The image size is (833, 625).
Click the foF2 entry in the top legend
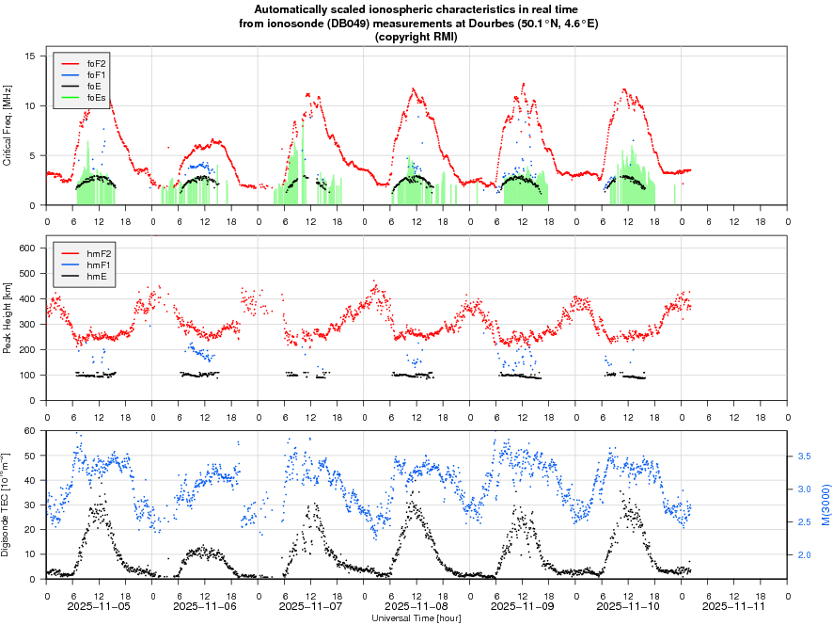pyautogui.click(x=96, y=63)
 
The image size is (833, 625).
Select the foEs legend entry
pyautogui.click(x=96, y=97)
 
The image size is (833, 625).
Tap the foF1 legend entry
pyautogui.click(x=96, y=74)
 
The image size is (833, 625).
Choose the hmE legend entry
pyautogui.click(x=96, y=277)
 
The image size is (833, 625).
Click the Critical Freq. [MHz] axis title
pyautogui.click(x=8, y=126)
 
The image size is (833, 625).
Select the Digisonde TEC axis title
pyautogui.click(x=8, y=505)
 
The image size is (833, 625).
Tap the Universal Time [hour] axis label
pyautogui.click(x=416, y=618)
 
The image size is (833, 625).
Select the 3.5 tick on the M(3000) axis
pyautogui.click(x=805, y=456)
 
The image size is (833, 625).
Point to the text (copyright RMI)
pyautogui.click(x=416, y=37)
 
